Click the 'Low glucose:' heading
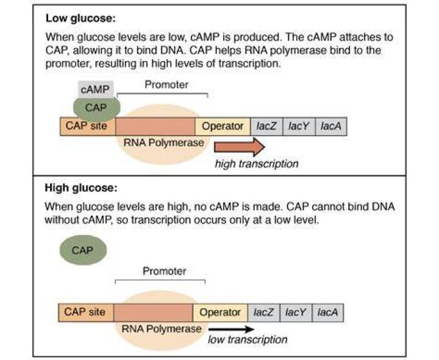(x=80, y=18)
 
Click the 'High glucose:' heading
(x=81, y=188)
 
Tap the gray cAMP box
(x=96, y=89)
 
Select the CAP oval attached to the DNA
(x=96, y=108)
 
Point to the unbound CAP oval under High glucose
(x=83, y=250)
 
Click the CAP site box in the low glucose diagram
(x=87, y=126)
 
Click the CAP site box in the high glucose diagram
(x=86, y=312)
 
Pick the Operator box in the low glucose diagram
(x=223, y=127)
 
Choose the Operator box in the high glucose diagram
(x=220, y=312)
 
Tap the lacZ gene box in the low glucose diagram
(x=266, y=127)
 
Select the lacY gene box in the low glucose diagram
(x=299, y=127)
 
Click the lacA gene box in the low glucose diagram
(x=331, y=127)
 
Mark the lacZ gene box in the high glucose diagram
(x=264, y=312)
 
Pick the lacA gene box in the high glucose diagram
(x=327, y=312)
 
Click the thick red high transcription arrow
(x=240, y=147)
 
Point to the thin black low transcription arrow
(x=231, y=329)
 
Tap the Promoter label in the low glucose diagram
(x=166, y=85)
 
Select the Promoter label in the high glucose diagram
(x=165, y=271)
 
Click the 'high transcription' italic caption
(x=257, y=164)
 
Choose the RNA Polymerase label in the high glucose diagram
(x=162, y=329)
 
